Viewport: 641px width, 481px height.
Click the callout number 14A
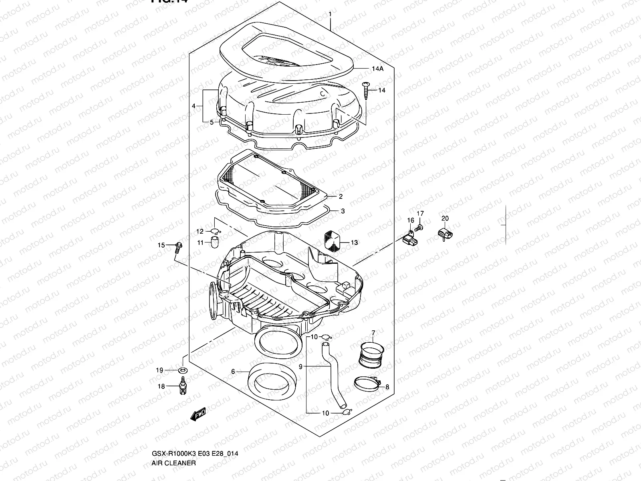point(377,69)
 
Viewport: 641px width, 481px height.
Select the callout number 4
point(194,106)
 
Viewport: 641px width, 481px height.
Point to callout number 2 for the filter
point(341,196)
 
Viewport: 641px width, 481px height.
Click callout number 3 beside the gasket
point(343,211)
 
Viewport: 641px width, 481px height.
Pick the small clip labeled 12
point(215,231)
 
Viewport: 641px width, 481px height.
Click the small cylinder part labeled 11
point(215,242)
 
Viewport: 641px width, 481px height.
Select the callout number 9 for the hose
point(300,366)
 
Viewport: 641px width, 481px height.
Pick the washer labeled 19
point(183,370)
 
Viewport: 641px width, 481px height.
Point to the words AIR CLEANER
point(173,429)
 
